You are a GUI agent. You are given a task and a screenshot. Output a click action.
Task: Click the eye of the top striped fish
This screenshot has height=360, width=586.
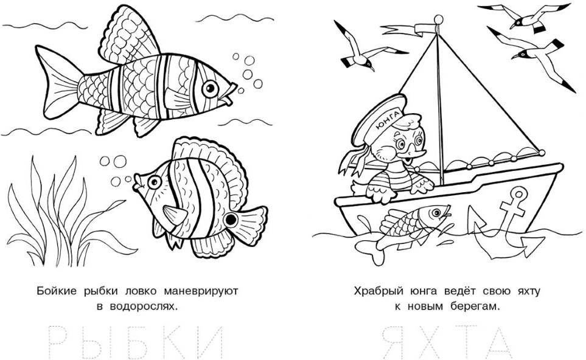[x=210, y=89]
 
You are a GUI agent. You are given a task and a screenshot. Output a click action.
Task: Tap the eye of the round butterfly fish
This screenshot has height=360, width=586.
[x=154, y=182]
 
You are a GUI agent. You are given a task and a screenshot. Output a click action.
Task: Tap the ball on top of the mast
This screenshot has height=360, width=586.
[x=438, y=19]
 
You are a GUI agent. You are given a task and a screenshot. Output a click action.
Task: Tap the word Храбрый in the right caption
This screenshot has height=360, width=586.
[x=375, y=292]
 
